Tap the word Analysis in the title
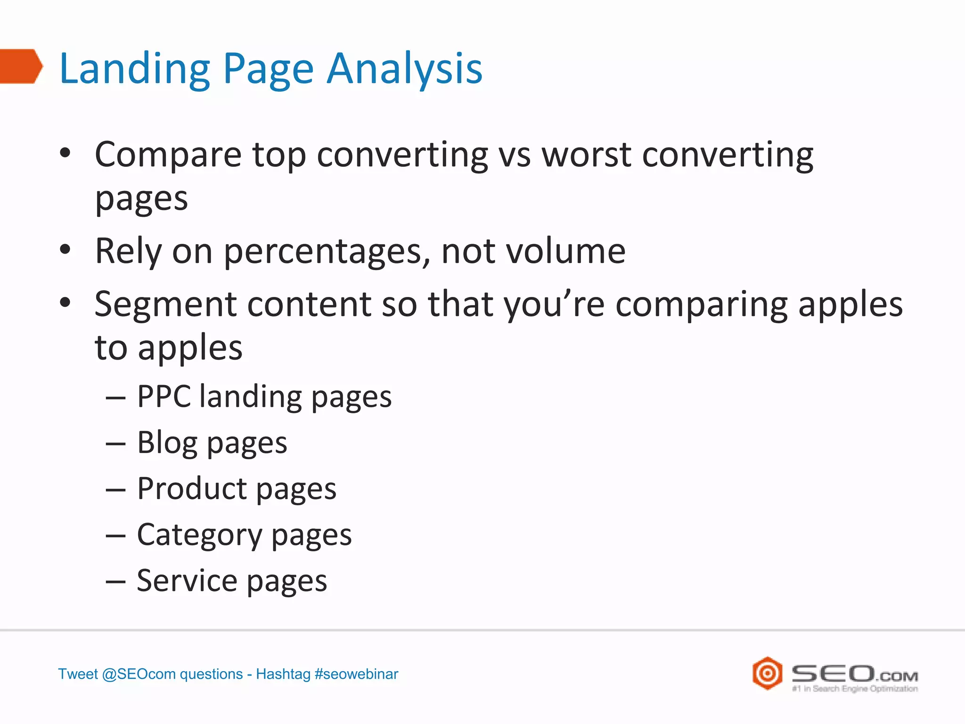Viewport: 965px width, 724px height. click(405, 69)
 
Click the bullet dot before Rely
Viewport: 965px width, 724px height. click(65, 250)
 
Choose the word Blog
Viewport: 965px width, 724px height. click(167, 443)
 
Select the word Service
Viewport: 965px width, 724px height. click(187, 581)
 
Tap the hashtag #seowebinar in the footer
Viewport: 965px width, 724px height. click(356, 674)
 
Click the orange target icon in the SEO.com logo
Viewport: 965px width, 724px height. click(767, 673)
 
